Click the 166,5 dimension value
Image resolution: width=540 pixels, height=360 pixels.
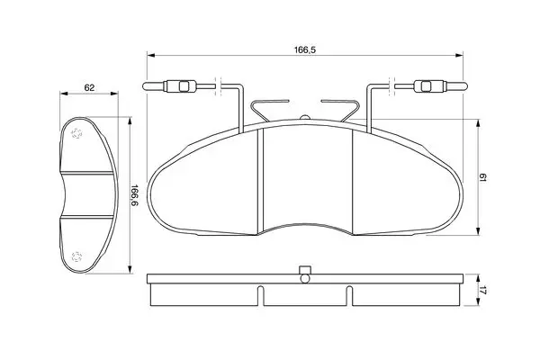pyautogui.click(x=304, y=50)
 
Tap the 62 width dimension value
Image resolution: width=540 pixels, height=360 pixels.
pyautogui.click(x=89, y=88)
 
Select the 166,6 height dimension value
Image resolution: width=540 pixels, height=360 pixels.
pyautogui.click(x=135, y=195)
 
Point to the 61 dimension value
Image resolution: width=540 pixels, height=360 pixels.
pyautogui.click(x=482, y=178)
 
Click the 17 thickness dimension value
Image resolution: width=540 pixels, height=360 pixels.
pyautogui.click(x=482, y=291)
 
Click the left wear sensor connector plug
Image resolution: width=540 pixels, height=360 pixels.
pyautogui.click(x=180, y=86)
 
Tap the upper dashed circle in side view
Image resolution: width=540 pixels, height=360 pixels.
pyautogui.click(x=76, y=133)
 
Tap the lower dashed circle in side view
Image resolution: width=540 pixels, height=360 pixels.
pyautogui.click(x=76, y=256)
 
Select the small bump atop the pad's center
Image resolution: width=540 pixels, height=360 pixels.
pyautogui.click(x=305, y=118)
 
